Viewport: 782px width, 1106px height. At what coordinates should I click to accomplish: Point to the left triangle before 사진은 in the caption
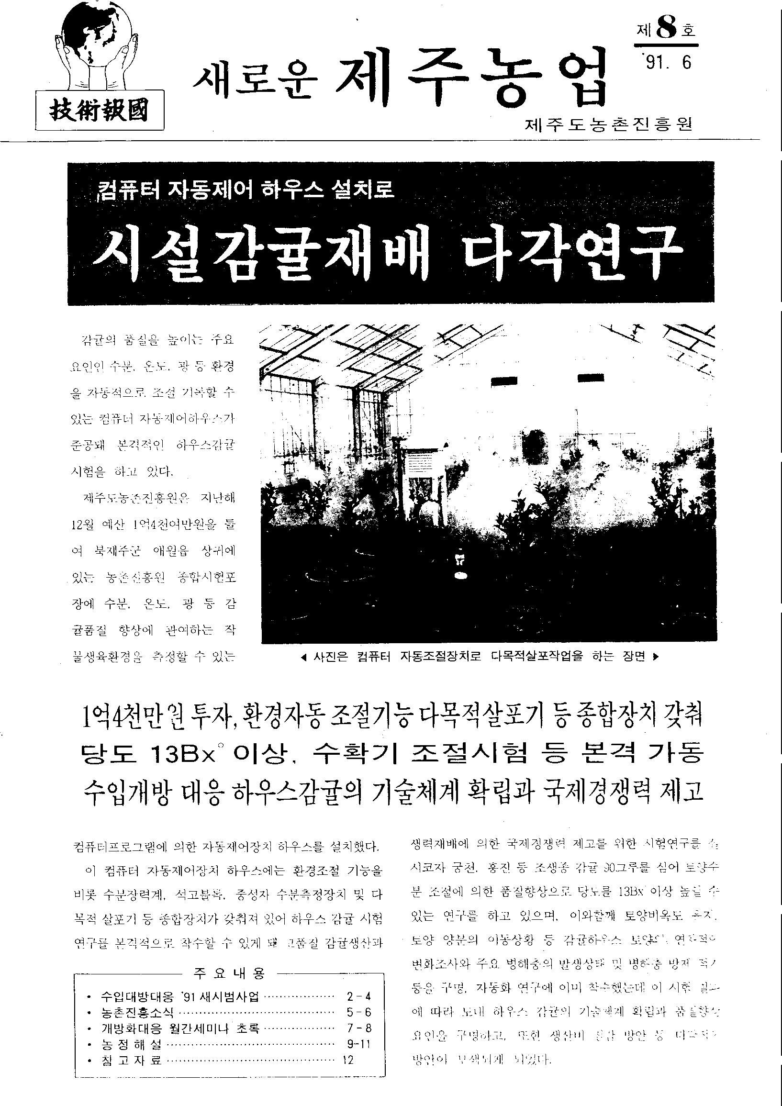click(302, 657)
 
